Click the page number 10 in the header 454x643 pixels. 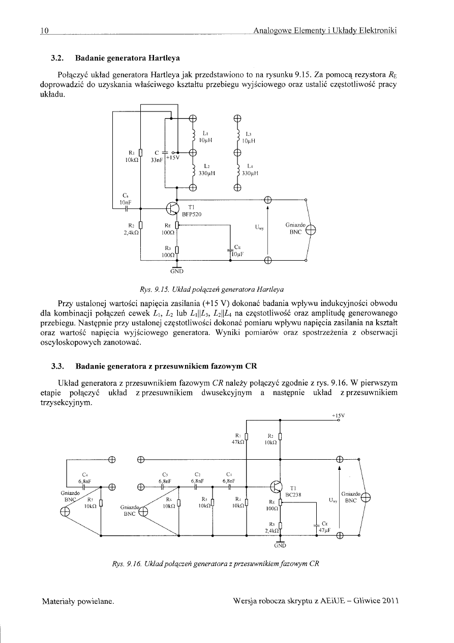tap(44, 31)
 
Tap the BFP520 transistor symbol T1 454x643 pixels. tap(174, 209)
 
